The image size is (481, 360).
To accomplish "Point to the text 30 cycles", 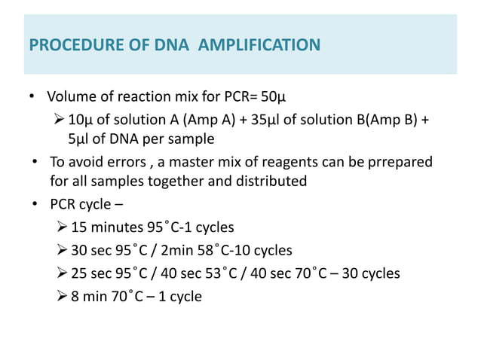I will click(370, 273).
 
